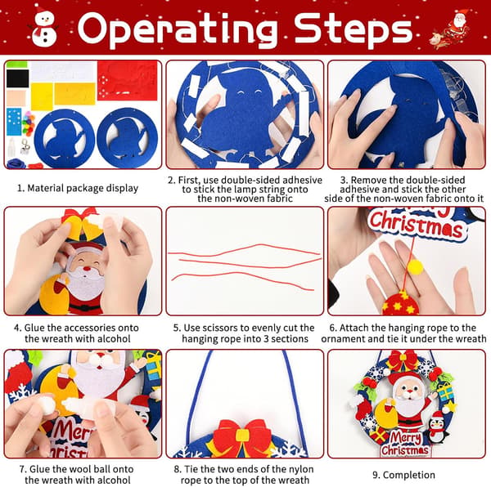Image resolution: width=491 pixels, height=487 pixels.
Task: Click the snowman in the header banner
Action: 44,26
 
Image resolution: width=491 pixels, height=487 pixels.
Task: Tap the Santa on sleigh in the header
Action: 450,29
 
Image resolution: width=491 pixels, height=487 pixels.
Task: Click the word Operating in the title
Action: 178,29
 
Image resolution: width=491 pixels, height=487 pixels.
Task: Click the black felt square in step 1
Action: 17,78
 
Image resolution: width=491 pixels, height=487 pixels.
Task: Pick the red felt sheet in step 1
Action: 128,81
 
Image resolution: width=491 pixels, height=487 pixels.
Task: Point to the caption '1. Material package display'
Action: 78,188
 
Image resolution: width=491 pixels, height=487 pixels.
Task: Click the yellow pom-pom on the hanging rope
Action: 415,267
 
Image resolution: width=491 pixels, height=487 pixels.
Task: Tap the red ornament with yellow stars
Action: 400,303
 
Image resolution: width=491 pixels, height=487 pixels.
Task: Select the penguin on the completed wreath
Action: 437,427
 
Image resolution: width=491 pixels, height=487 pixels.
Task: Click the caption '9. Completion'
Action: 403,475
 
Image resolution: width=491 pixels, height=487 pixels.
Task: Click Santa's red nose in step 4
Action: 87,268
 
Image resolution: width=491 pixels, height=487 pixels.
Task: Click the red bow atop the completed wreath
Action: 404,360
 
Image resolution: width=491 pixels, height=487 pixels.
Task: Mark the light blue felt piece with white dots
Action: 14,122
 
